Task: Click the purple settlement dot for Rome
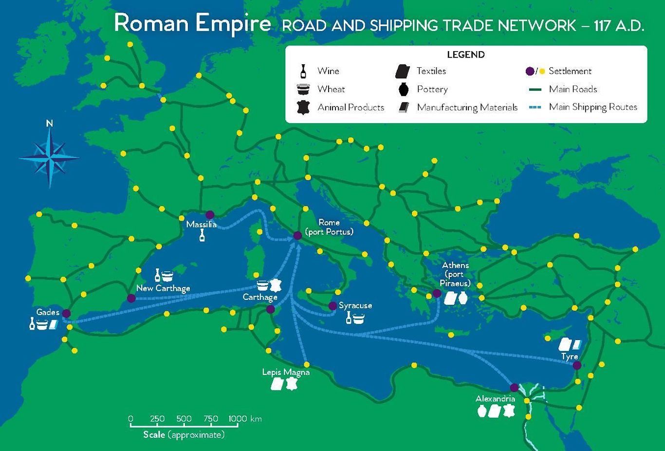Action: point(297,236)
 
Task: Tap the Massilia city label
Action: point(201,225)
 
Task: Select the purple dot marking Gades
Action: point(66,313)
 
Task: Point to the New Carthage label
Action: point(163,288)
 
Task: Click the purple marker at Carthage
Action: point(271,309)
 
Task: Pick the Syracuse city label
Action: point(355,305)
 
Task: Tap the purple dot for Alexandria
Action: point(515,388)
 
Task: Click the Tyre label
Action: point(569,357)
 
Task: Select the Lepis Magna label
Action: point(286,372)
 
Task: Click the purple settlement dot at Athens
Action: point(437,293)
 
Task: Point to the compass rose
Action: point(50,158)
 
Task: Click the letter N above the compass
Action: point(49,124)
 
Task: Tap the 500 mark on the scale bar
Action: point(184,419)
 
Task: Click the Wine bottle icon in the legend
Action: point(303,71)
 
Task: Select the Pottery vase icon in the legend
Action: point(403,89)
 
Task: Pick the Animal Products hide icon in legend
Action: point(303,108)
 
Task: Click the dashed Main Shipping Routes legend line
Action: point(535,108)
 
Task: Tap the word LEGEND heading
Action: point(466,55)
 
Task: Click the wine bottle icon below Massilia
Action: point(202,236)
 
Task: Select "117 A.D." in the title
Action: point(619,25)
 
